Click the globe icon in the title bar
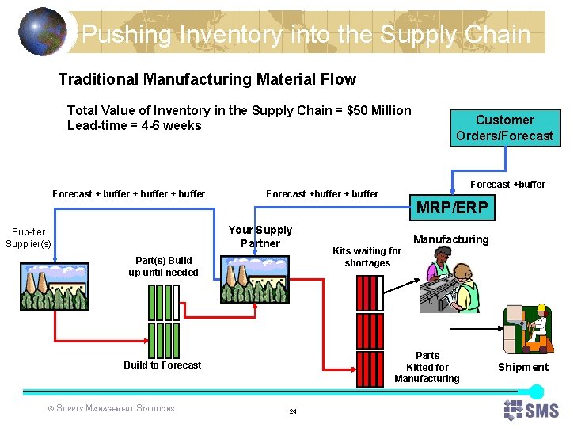coord(41,32)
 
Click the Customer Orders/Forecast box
coord(504,128)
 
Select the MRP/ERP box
coord(452,208)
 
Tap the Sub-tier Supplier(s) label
coord(28,238)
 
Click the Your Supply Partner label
coord(260,237)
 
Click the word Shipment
coord(522,367)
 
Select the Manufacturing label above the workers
coord(451,239)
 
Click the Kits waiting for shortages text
coord(367,257)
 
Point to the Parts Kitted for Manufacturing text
coord(427,367)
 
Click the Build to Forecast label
coord(162,365)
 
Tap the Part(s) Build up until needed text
coord(163,266)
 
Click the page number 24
coord(293,411)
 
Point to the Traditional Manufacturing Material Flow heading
coord(207,79)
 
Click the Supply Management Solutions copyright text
coord(112,409)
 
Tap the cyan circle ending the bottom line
coord(536,392)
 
